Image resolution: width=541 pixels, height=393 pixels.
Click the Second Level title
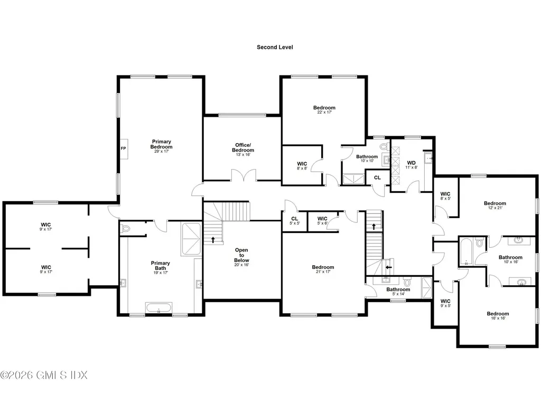(275, 47)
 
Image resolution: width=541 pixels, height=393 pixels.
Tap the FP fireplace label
(123, 148)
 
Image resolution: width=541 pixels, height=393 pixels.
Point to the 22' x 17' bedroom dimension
(324, 112)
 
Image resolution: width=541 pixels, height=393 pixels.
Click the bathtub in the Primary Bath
(158, 307)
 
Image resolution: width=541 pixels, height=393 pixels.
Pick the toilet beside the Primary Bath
(126, 228)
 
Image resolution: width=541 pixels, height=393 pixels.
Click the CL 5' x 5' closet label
(295, 220)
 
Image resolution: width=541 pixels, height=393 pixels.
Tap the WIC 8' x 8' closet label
(302, 166)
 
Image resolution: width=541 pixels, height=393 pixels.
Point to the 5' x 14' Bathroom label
(398, 292)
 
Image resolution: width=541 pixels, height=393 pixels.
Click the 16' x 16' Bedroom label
(498, 316)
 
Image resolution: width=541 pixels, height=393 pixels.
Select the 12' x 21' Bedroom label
(495, 205)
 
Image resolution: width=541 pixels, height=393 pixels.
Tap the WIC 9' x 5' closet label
(445, 303)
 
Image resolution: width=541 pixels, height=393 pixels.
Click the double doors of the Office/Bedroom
(244, 175)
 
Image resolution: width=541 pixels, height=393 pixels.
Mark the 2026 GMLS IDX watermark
(44, 375)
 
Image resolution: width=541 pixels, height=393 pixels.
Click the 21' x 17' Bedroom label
(323, 269)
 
